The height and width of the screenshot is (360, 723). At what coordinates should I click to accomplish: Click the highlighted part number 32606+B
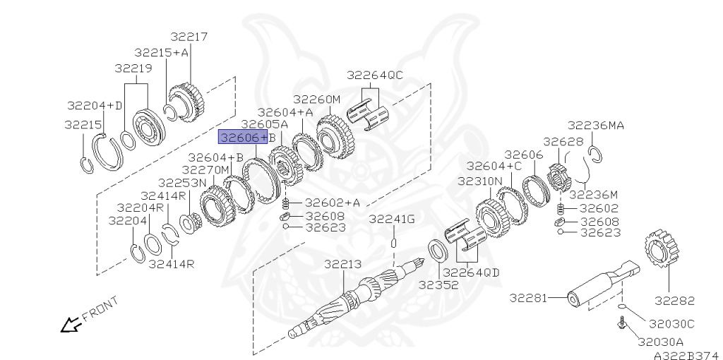click(x=243, y=138)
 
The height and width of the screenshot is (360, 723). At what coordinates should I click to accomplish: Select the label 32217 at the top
click(x=189, y=37)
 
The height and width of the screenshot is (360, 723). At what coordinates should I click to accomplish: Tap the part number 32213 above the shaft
click(x=342, y=265)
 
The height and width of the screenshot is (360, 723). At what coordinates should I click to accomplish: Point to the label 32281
click(x=528, y=298)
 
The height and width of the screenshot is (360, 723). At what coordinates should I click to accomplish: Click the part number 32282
click(x=674, y=301)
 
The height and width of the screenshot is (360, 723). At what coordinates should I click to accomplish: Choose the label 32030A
click(x=660, y=342)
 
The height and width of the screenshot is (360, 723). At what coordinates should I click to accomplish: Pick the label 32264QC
click(x=375, y=75)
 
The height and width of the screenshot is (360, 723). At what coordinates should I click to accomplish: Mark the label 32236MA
click(x=595, y=126)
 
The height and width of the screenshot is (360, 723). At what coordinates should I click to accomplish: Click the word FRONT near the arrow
click(x=100, y=309)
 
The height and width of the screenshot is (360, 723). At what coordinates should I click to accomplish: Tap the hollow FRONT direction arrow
click(x=71, y=325)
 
